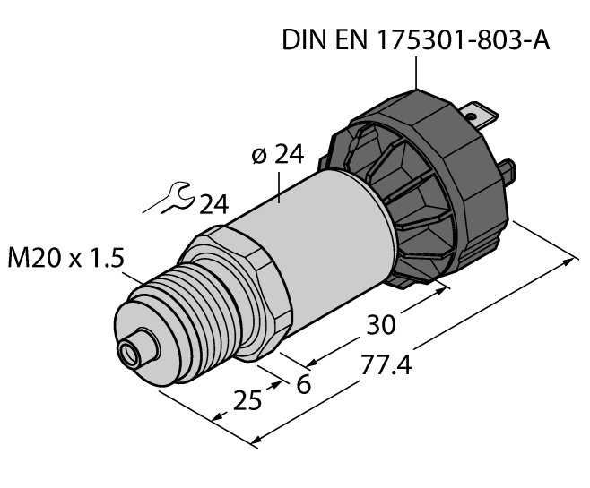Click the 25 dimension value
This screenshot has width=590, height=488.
pos(247,398)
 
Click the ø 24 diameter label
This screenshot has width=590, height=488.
pos(277,155)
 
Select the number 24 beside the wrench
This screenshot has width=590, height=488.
pos(213,205)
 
